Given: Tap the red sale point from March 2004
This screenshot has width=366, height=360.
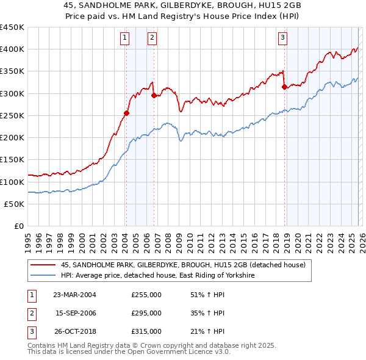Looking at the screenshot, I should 126,113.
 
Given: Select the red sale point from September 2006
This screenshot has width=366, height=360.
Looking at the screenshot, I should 154,95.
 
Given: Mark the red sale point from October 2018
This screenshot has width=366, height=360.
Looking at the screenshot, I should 284,87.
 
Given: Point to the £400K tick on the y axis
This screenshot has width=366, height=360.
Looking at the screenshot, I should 12,49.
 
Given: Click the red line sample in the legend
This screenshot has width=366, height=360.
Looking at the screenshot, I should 43,265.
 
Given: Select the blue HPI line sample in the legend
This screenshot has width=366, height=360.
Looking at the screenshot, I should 43,276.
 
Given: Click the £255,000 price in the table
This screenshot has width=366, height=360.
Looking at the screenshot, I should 146,295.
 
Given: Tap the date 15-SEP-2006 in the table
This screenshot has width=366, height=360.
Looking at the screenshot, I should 76,313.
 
